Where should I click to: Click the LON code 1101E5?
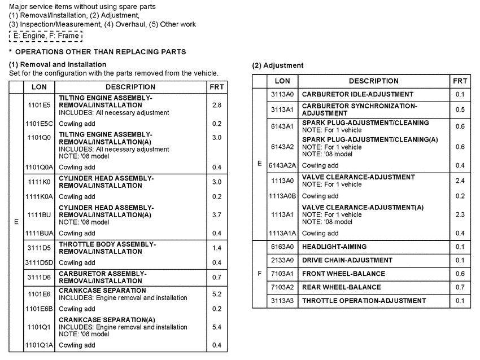point(39,105)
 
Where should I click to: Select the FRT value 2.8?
point(216,105)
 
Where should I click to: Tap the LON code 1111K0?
point(39,182)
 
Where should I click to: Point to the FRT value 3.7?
point(216,215)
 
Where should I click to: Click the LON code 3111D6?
point(39,277)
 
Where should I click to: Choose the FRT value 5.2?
point(216,294)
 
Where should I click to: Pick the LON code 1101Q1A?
point(39,345)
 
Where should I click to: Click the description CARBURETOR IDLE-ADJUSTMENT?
point(357,94)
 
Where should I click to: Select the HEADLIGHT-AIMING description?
point(334,247)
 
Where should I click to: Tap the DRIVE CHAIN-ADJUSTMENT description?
point(347,260)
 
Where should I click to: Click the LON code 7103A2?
point(282,287)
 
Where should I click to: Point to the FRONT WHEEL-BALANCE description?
point(343,274)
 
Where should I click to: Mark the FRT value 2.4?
point(460,181)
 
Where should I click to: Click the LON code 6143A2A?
point(282,165)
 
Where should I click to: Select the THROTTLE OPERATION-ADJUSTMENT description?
point(364,301)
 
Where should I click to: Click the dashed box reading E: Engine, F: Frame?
point(46,36)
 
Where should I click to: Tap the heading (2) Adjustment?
point(278,65)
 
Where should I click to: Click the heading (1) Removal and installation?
point(58,64)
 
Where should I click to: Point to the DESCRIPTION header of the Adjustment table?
point(373,81)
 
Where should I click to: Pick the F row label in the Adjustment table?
point(259,274)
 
